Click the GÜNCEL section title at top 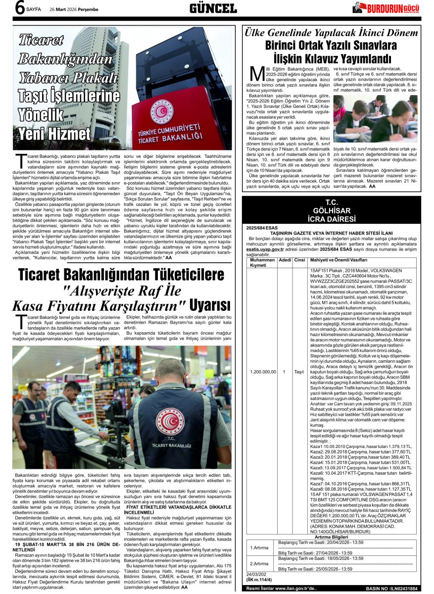pyautogui.click(x=213, y=8)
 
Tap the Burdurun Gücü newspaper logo pyautogui.click(x=388, y=7)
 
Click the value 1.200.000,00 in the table pyautogui.click(x=262, y=371)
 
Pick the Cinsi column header pyautogui.click(x=300, y=260)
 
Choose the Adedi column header pyautogui.click(x=285, y=260)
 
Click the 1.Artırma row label pyautogui.click(x=259, y=548)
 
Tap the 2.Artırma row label pyautogui.click(x=259, y=563)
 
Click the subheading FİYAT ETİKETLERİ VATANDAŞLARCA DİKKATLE pyautogui.click(x=179, y=507)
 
